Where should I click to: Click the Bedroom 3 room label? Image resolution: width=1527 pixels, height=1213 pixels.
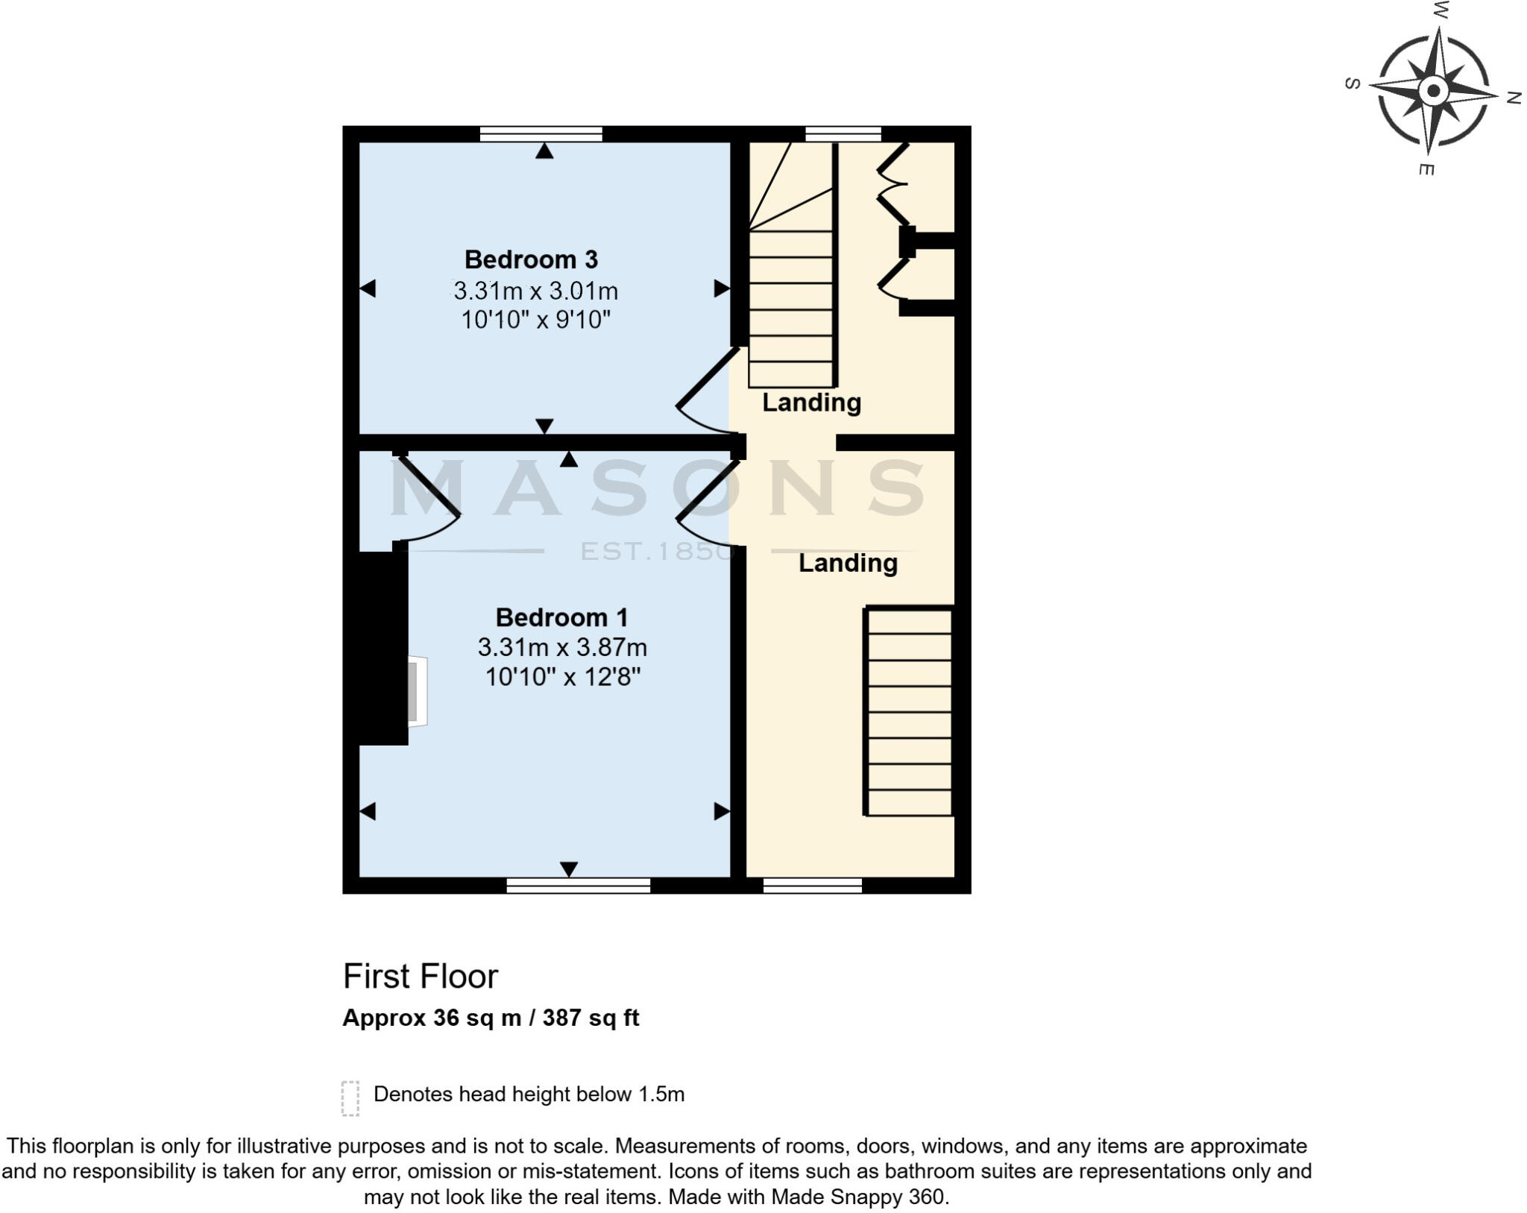pyautogui.click(x=531, y=259)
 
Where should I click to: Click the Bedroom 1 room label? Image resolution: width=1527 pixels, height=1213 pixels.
pyautogui.click(x=561, y=617)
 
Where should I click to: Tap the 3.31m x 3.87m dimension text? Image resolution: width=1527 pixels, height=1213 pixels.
pyautogui.click(x=561, y=646)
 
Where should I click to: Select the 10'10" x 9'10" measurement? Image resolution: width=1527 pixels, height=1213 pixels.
pyautogui.click(x=535, y=320)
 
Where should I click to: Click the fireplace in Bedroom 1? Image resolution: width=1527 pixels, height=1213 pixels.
pyautogui.click(x=416, y=691)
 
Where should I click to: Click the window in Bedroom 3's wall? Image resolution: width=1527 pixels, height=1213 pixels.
pyautogui.click(x=541, y=134)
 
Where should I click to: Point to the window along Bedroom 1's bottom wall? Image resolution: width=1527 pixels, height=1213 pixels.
pyautogui.click(x=578, y=886)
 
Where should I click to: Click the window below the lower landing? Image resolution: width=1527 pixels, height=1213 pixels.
pyautogui.click(x=812, y=886)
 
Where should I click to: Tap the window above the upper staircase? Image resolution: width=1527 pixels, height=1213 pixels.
pyautogui.click(x=843, y=134)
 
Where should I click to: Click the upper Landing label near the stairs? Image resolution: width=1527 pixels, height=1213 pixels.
pyautogui.click(x=811, y=403)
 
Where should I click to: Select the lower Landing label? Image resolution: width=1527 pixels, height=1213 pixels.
pyautogui.click(x=848, y=563)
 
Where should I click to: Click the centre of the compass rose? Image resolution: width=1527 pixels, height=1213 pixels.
pyautogui.click(x=1432, y=92)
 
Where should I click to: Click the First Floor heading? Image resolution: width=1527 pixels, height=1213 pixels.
pyautogui.click(x=420, y=976)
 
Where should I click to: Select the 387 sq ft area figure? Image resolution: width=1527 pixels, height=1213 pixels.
pyautogui.click(x=591, y=1018)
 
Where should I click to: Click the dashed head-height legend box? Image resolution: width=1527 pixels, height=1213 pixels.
pyautogui.click(x=350, y=1098)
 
